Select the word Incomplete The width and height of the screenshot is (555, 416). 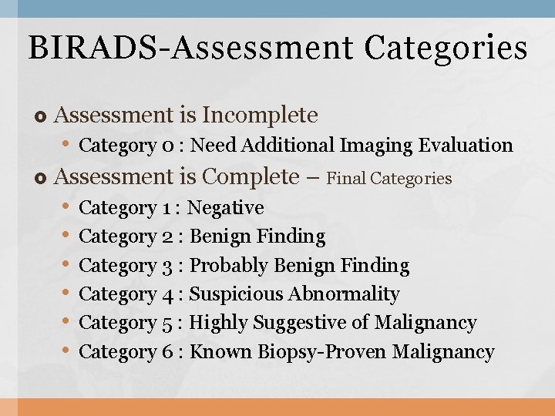(260, 116)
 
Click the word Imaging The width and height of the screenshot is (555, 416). (375, 145)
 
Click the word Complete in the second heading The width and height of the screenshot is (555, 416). (250, 176)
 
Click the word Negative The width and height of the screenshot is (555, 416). (226, 208)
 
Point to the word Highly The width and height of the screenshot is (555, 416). (215, 323)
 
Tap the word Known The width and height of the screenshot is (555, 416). (221, 352)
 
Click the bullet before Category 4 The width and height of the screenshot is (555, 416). (67, 294)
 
